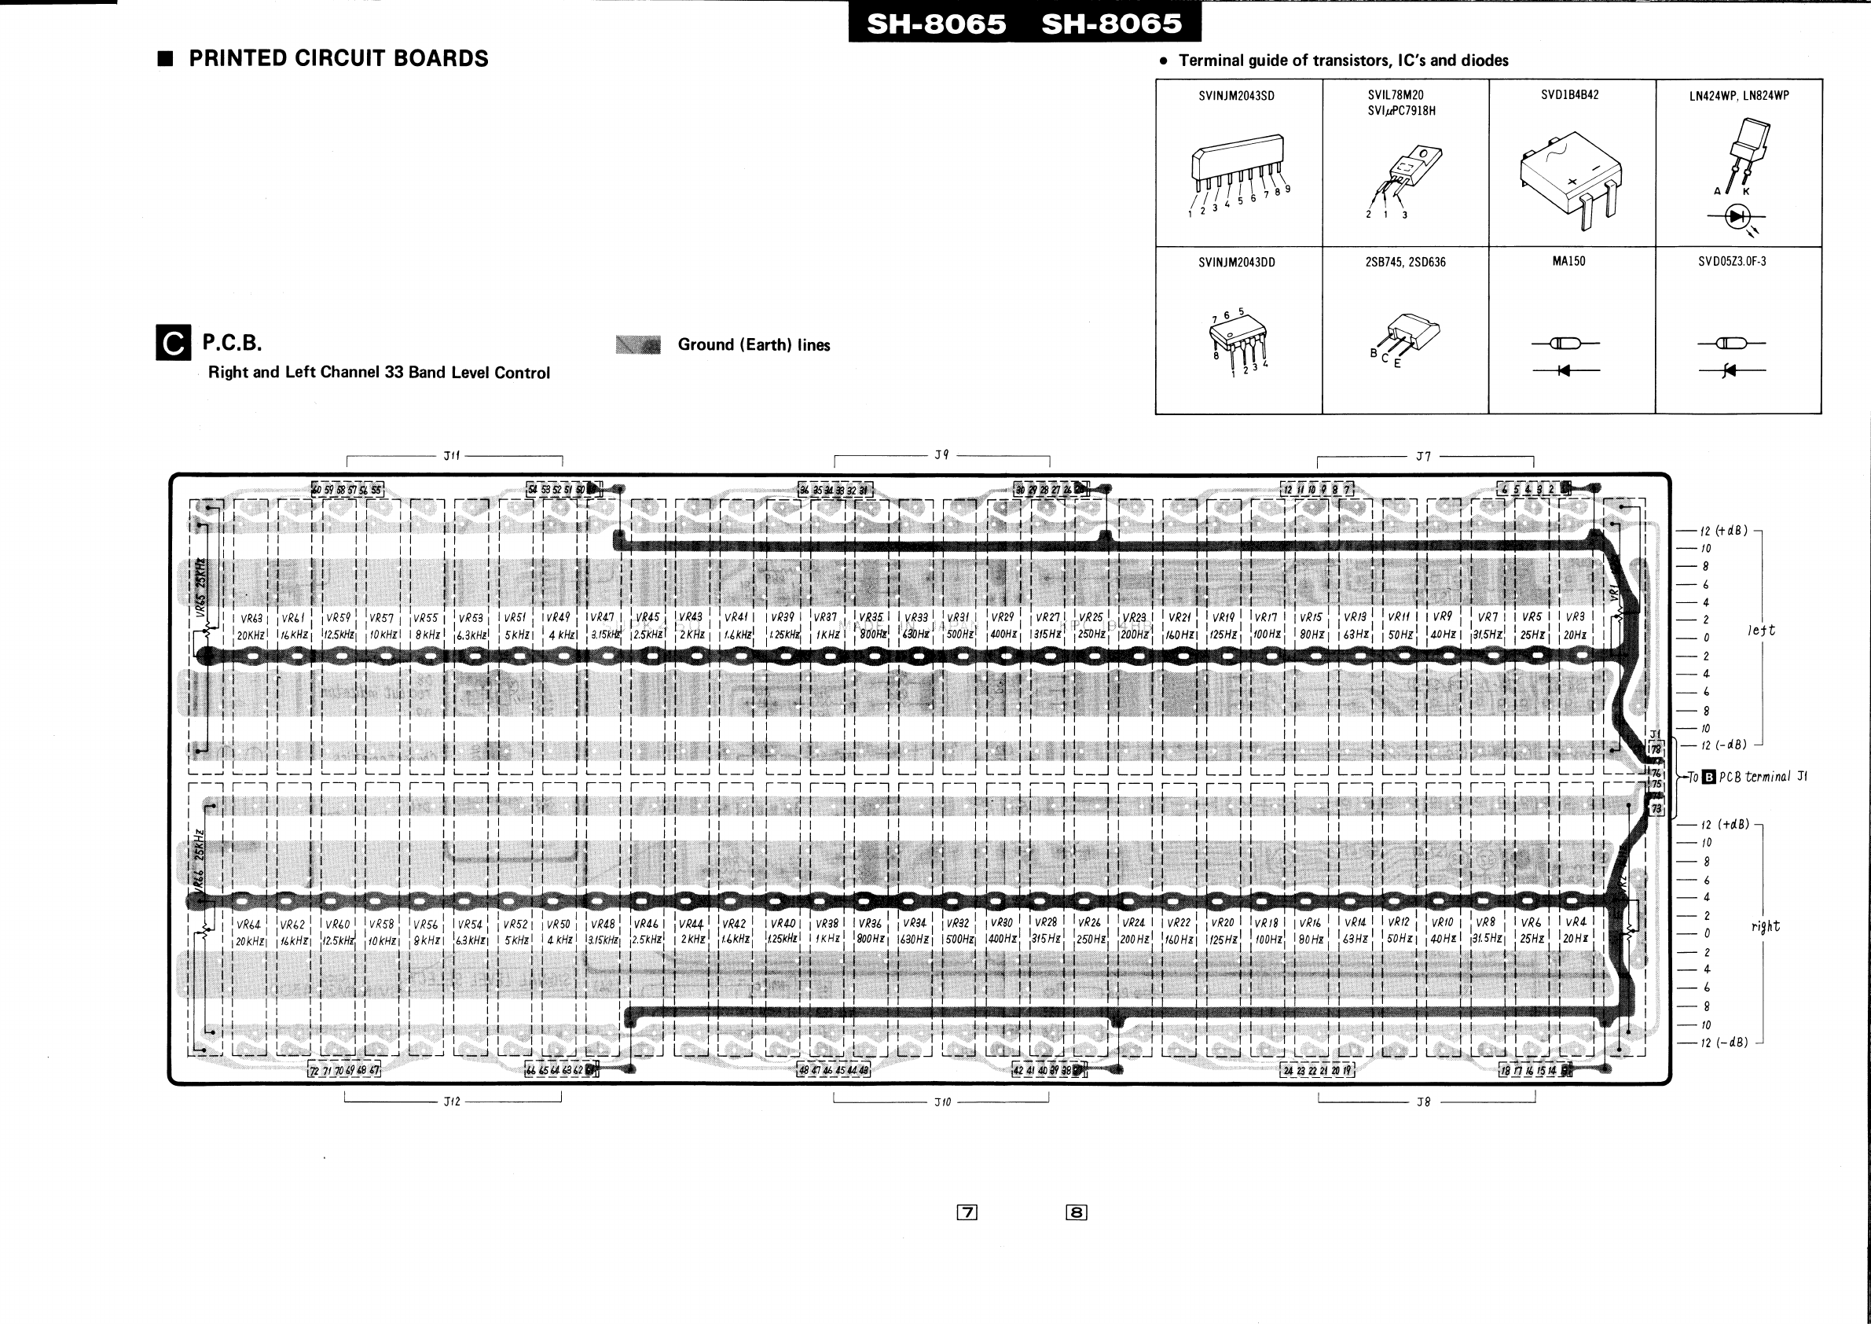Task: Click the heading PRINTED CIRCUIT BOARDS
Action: pos(338,59)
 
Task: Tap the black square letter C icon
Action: pos(173,344)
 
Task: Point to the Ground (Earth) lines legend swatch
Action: pos(637,345)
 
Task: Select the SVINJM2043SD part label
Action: pos(1236,96)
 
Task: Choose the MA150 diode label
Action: pos(1568,262)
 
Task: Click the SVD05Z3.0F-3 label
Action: pos(1732,262)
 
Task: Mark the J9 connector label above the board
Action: pos(941,455)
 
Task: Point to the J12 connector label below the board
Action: pos(452,1101)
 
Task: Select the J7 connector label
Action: pos(1423,457)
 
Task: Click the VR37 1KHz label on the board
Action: pos(827,626)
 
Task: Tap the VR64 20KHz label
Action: pos(249,932)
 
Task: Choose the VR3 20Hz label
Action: pos(1575,626)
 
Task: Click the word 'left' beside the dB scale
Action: pos(1760,631)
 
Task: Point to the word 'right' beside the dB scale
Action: pos(1765,927)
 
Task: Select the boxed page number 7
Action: pos(967,1212)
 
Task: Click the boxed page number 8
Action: pos(1076,1212)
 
